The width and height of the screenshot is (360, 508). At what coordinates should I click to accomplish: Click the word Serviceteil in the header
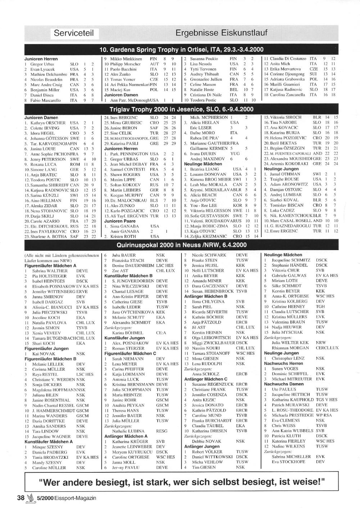click(x=74, y=33)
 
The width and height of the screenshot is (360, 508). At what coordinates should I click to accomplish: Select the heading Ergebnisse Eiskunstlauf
click(x=221, y=33)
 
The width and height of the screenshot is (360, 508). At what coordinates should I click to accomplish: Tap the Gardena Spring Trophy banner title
click(x=181, y=50)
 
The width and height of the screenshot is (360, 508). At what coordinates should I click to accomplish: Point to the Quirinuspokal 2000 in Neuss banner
click(x=181, y=245)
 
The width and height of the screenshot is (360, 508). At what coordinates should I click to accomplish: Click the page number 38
click(x=20, y=498)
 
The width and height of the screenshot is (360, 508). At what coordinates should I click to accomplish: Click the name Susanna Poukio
click(x=204, y=59)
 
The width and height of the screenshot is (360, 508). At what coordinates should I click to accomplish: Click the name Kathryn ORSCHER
click(x=48, y=123)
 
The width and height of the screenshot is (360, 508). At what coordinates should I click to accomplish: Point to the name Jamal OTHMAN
click(x=285, y=174)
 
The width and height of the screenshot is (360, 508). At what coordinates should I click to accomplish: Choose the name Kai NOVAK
click(x=44, y=354)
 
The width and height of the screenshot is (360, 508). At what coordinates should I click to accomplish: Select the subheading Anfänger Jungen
click(x=202, y=446)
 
